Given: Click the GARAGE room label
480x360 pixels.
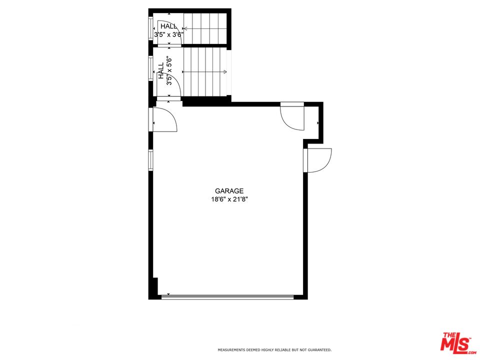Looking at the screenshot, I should (229, 190).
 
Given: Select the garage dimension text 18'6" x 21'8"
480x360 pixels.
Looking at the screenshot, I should (229, 199).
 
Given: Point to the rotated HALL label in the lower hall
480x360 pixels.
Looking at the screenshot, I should (161, 70).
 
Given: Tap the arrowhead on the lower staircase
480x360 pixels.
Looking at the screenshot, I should (225, 72).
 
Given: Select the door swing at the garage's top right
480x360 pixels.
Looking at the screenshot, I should (292, 117).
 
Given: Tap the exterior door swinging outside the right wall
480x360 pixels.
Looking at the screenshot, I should (319, 160).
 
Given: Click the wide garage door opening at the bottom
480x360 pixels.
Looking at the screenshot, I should (227, 296).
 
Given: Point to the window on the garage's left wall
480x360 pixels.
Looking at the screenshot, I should (150, 160).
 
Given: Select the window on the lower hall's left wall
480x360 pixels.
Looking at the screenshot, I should (150, 68).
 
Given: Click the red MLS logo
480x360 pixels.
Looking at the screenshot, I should (456, 343).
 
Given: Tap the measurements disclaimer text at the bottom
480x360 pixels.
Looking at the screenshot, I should (274, 350).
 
